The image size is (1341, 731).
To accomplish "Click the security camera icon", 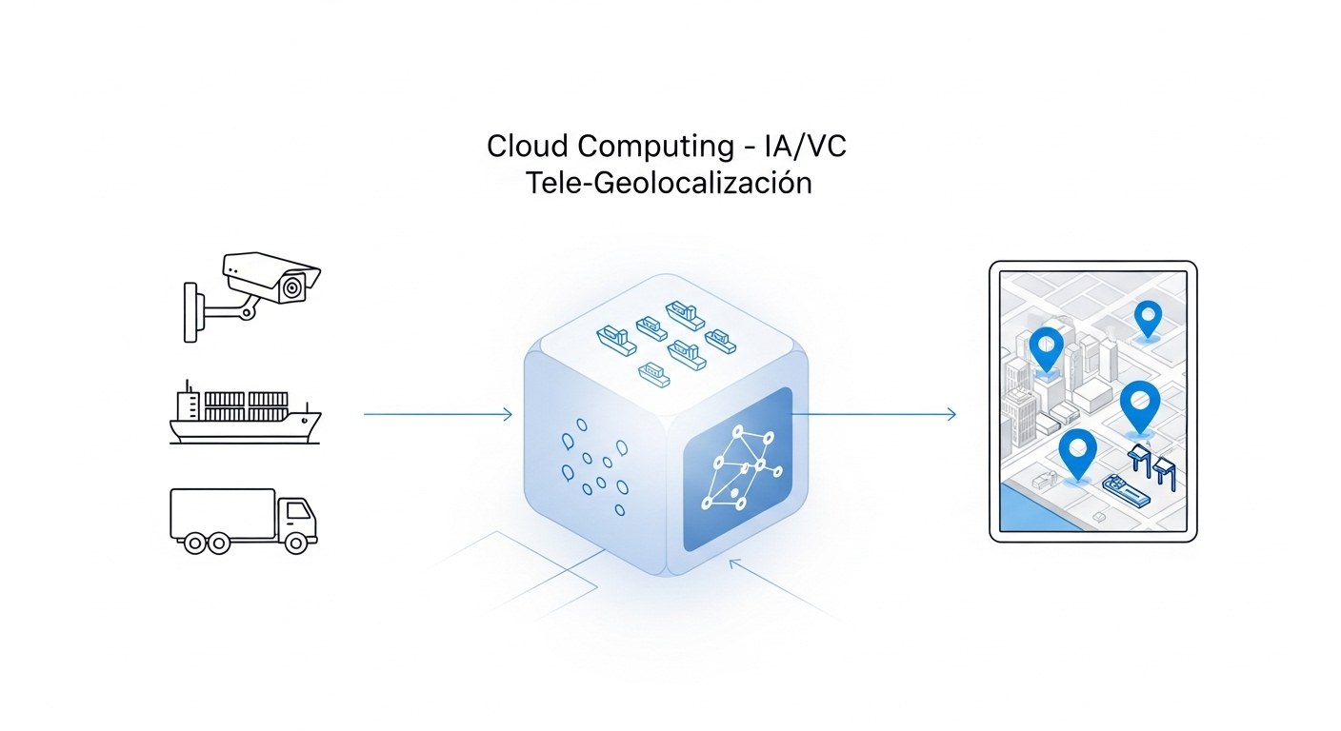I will pyautogui.click(x=252, y=290).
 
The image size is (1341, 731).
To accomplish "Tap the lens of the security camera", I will pyautogui.click(x=292, y=285).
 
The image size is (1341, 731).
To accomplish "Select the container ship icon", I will pyautogui.click(x=245, y=415).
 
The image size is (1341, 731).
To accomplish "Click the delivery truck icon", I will pyautogui.click(x=243, y=522).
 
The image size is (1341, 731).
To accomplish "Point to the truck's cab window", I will pyautogui.click(x=299, y=511).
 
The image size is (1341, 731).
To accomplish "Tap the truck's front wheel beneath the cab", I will pyautogui.click(x=296, y=543).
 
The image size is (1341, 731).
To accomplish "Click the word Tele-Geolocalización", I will pyautogui.click(x=669, y=182).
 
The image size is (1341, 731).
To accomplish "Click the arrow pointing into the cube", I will pyautogui.click(x=438, y=414).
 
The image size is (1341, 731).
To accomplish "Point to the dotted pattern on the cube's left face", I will pyautogui.click(x=595, y=469).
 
